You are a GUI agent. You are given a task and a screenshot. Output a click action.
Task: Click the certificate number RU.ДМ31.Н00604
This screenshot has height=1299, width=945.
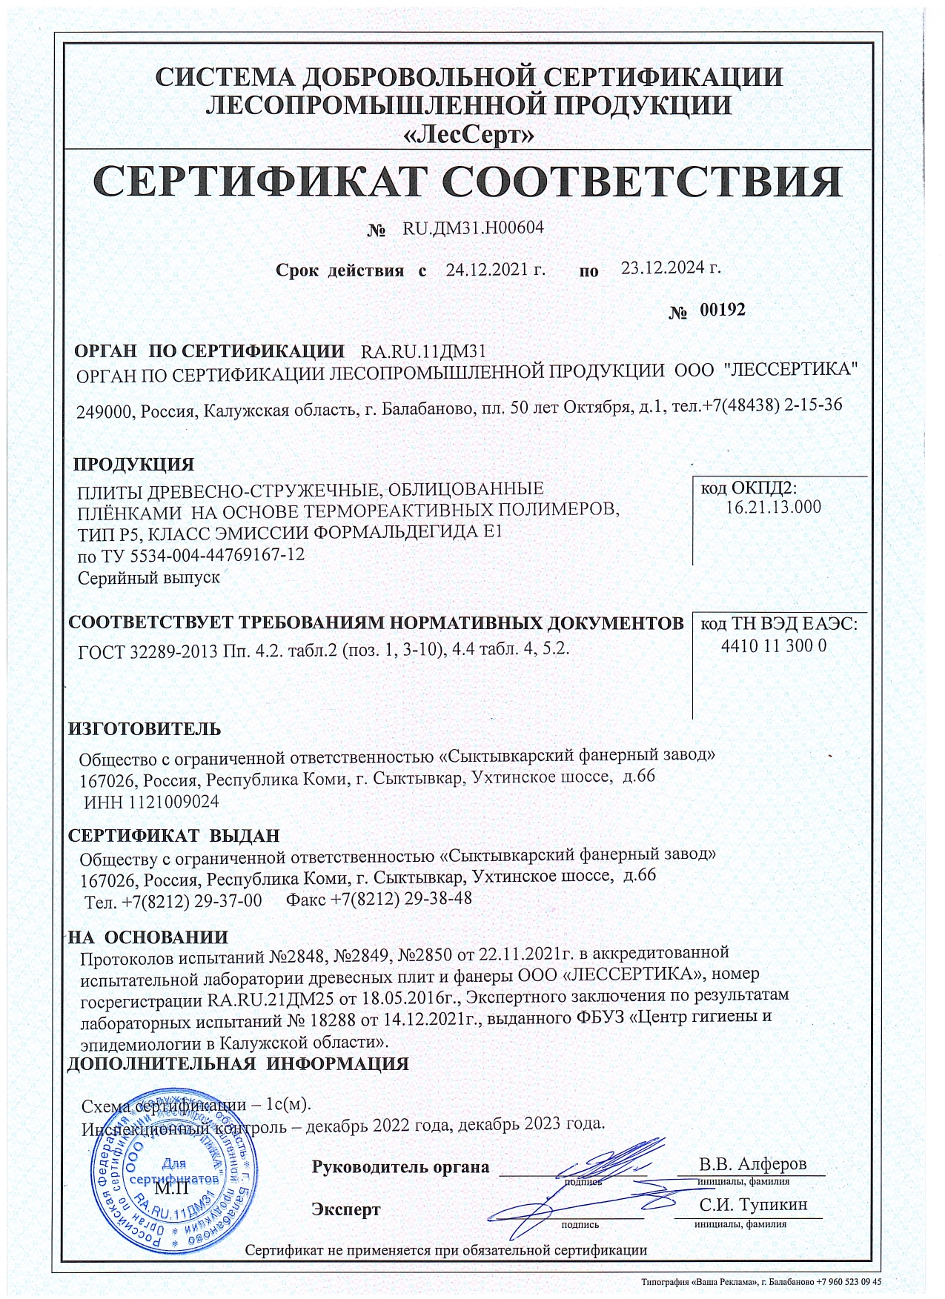[473, 228]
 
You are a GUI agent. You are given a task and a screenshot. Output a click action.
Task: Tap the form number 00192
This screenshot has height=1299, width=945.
[723, 310]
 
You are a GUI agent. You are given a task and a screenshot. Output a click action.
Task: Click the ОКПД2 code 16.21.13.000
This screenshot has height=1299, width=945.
[774, 508]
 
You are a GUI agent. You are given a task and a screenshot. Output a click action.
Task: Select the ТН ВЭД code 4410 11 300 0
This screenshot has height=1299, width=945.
[774, 645]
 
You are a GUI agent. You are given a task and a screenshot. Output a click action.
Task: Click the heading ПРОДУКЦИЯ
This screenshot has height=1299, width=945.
[133, 465]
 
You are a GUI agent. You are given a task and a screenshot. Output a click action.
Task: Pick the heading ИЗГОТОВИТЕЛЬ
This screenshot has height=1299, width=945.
[145, 728]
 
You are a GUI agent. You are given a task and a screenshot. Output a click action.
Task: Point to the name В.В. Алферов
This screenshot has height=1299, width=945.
[753, 1163]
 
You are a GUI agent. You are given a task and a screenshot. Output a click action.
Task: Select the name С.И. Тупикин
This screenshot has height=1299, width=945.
[753, 1206]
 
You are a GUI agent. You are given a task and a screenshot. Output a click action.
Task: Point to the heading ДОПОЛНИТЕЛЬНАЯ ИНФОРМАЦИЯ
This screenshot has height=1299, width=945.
[238, 1064]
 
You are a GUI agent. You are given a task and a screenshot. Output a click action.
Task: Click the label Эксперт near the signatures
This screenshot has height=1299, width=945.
[346, 1210]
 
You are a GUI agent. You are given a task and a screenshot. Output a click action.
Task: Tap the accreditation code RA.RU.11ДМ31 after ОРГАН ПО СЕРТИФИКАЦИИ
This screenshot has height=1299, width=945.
[422, 351]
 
